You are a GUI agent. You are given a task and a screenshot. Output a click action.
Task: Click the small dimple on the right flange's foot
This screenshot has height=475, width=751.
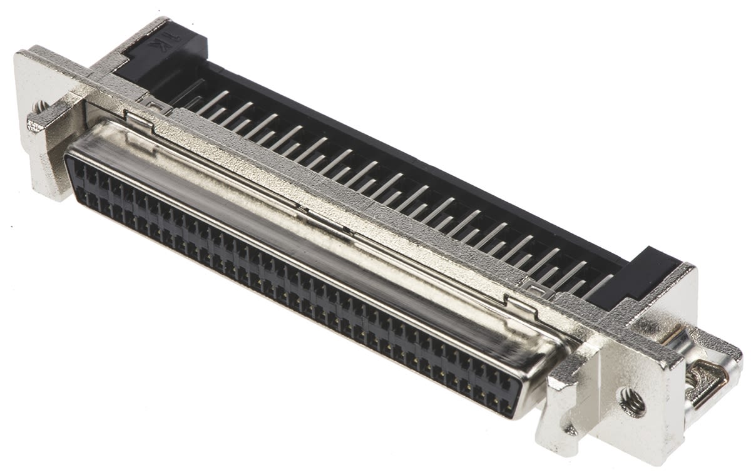coord(570,430)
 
